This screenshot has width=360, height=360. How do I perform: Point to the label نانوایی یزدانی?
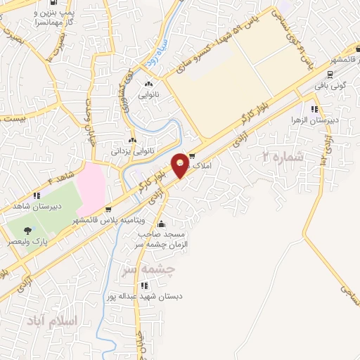click(129, 150)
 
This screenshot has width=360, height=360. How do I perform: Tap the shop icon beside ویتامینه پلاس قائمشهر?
click(107, 210)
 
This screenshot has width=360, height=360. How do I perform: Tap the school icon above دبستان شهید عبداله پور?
click(144, 285)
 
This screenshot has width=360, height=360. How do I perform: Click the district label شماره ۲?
click(283, 157)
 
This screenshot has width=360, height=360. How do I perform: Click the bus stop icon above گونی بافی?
click(330, 72)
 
